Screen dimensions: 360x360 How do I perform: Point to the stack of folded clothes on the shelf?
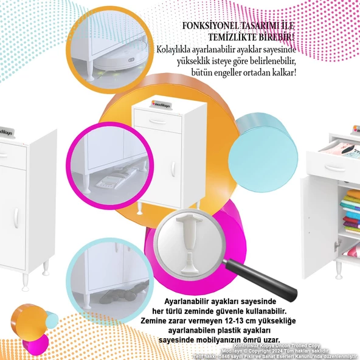pos(351,207)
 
